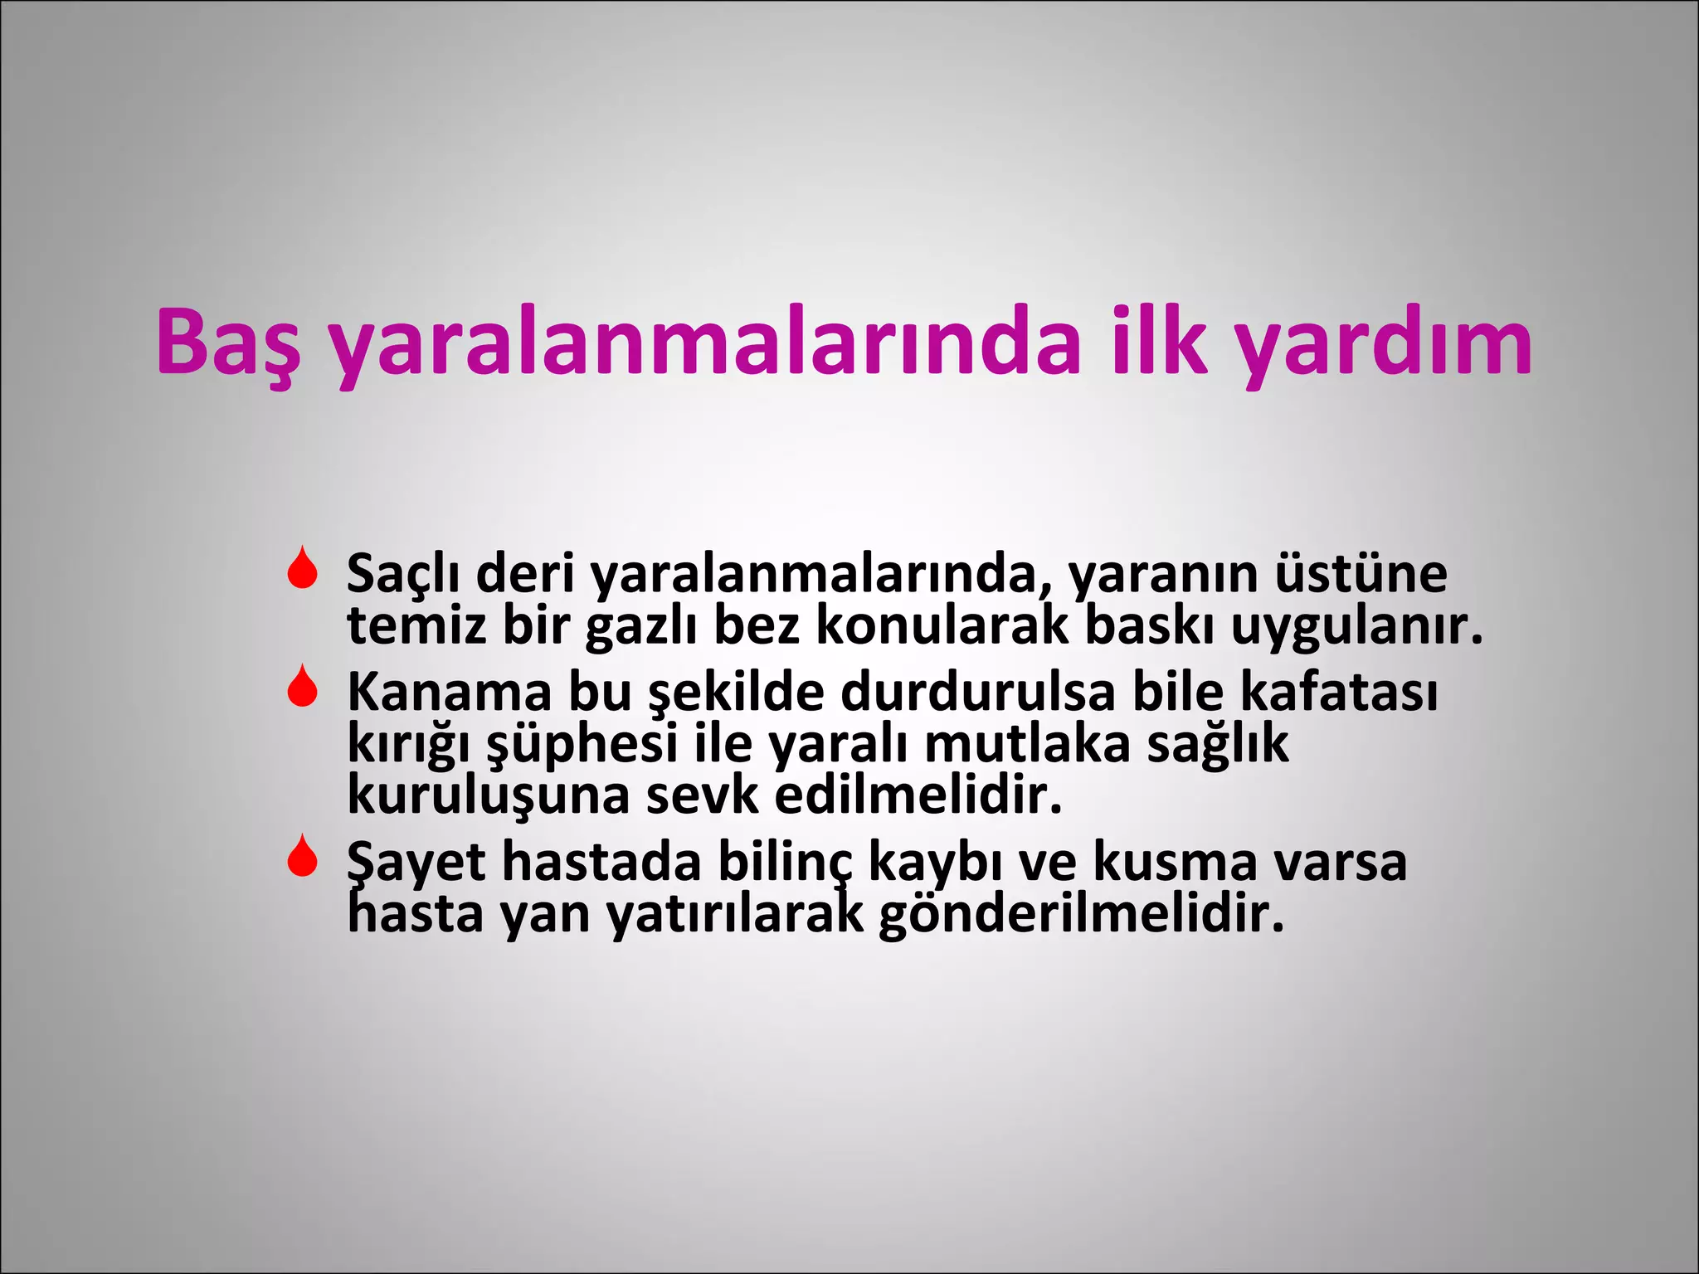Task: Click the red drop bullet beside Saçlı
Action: coord(303,568)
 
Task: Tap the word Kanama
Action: coord(449,692)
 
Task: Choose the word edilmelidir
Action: coord(918,795)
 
